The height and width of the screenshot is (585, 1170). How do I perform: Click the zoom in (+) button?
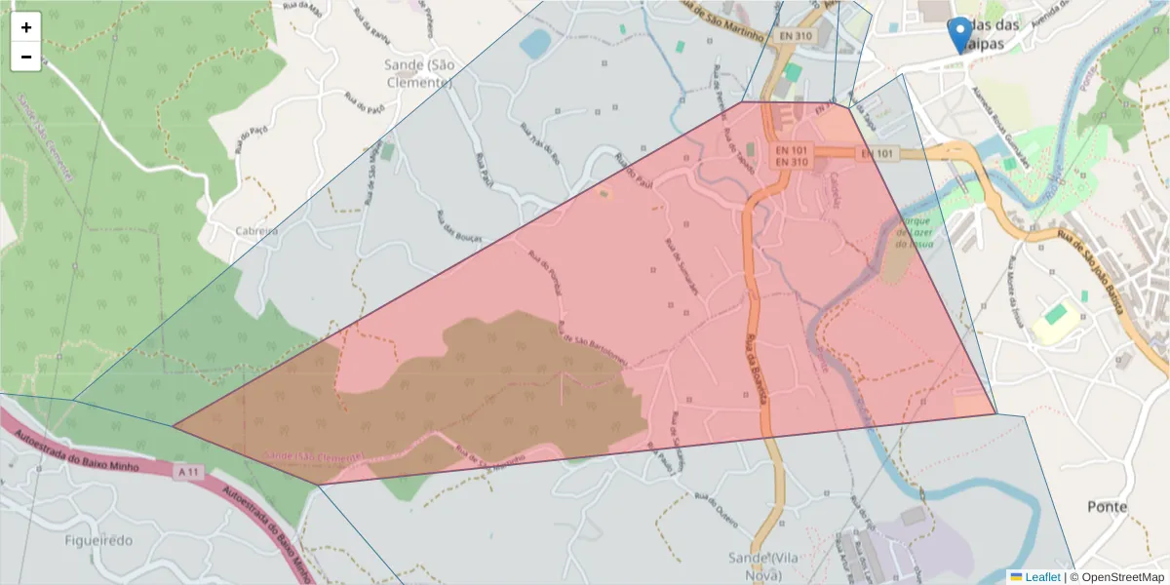(26, 27)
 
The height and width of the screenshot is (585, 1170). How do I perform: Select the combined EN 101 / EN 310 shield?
(792, 156)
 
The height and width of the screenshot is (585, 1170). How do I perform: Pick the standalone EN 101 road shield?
(877, 154)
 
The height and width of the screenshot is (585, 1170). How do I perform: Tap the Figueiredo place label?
(98, 540)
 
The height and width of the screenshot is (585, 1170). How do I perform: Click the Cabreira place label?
(256, 231)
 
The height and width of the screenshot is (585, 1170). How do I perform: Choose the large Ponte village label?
(1108, 507)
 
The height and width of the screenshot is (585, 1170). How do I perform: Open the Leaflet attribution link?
(1042, 577)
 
